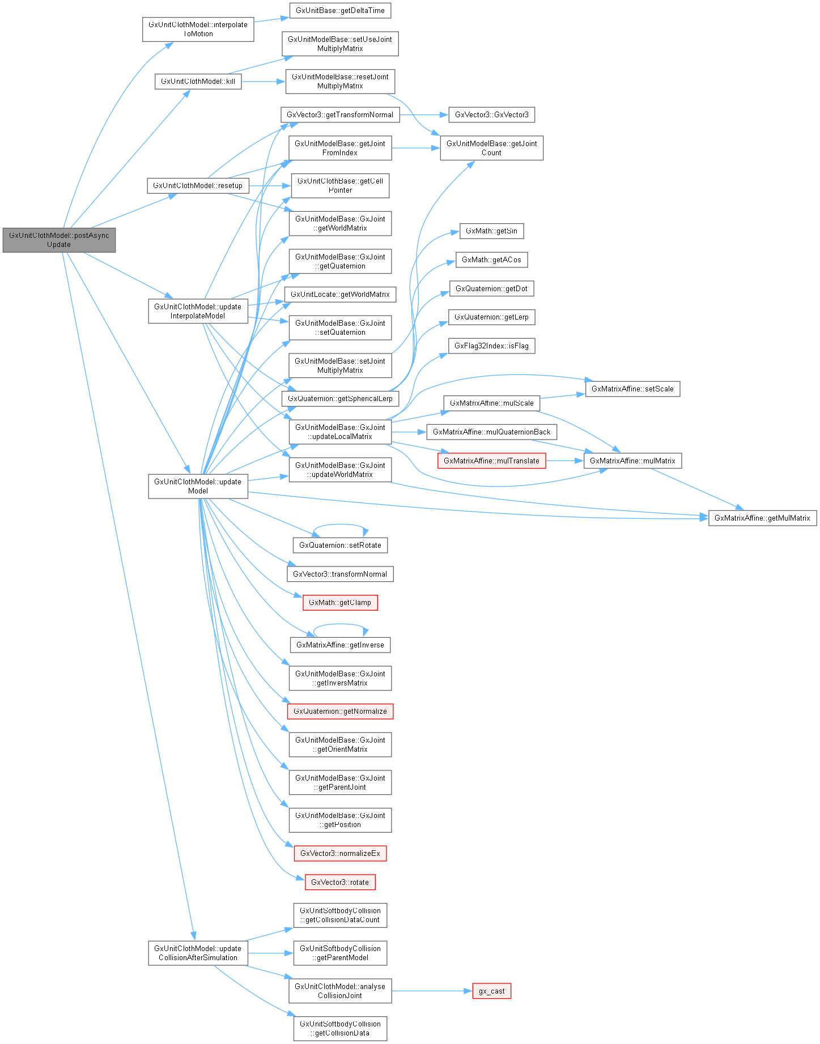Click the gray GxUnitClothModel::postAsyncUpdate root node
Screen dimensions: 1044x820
[x=59, y=240]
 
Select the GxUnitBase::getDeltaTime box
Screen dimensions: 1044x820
[x=340, y=10]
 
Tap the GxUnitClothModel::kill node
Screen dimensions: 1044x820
[x=198, y=82]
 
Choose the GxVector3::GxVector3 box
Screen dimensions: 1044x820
[x=491, y=114]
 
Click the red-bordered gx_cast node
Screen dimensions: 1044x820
[x=491, y=991]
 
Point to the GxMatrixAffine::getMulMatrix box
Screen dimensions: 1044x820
[x=762, y=518]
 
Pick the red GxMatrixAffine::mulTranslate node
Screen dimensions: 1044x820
[x=491, y=461]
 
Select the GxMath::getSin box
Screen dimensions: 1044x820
[x=491, y=231]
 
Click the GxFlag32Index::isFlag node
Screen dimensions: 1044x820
[x=491, y=346]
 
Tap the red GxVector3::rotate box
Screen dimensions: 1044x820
[x=340, y=882]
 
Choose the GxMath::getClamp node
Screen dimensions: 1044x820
[x=340, y=602]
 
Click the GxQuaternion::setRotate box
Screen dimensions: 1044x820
[x=340, y=545]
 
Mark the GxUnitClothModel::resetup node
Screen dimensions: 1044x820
[x=198, y=185]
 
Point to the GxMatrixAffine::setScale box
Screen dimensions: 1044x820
[x=632, y=389]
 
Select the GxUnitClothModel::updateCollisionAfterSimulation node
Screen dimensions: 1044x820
[x=198, y=953]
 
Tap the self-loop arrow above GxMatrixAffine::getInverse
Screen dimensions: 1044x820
[x=340, y=625]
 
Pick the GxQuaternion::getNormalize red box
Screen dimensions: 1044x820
[x=340, y=711]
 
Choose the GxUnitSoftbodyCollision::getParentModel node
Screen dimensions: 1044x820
[x=340, y=953]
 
